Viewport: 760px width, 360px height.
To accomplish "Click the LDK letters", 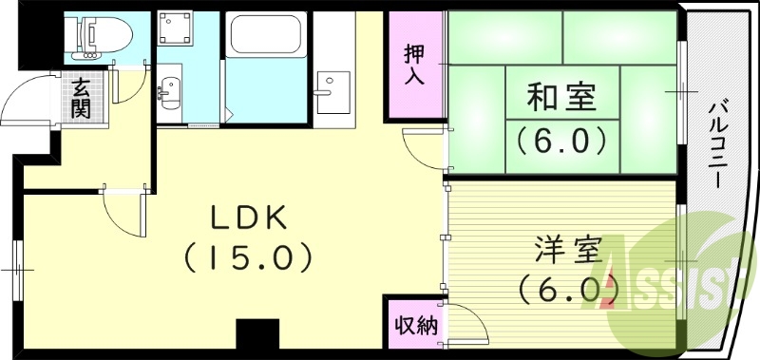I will click(x=248, y=218).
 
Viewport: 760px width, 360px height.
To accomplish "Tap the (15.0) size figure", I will click(x=248, y=256).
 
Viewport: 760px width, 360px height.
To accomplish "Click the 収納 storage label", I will click(x=414, y=326).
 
